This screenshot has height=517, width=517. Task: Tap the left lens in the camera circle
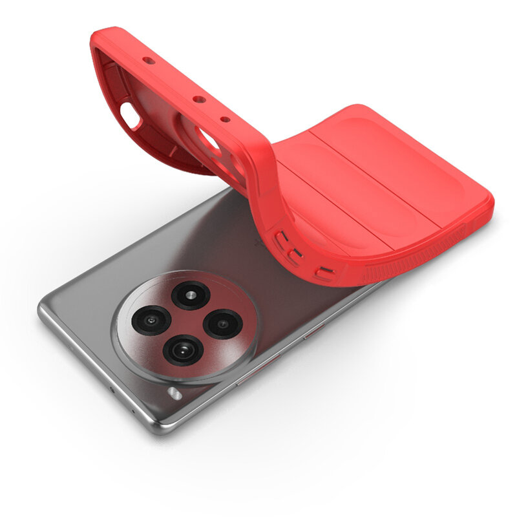151,320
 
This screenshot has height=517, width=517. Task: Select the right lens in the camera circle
223,323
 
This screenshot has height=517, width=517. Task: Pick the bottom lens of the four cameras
183,350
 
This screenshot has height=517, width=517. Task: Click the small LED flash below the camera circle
173,392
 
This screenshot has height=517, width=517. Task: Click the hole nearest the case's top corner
149,61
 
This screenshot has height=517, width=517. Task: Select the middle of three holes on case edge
198,100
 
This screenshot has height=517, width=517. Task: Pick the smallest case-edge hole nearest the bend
225,119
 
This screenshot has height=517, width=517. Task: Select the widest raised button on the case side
324,273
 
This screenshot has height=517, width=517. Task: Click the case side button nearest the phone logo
281,238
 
